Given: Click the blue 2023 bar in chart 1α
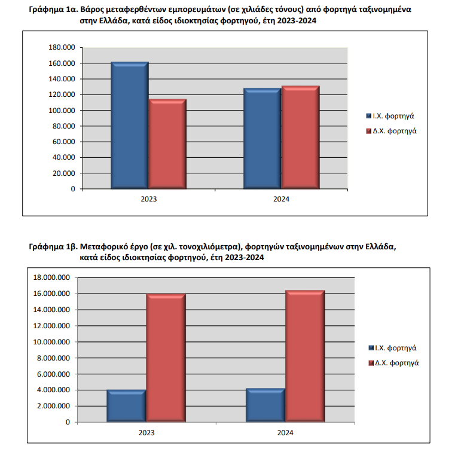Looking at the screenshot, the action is [130, 126].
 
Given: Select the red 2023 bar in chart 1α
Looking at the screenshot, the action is [167, 143].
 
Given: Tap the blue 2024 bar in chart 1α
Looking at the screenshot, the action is [262, 139].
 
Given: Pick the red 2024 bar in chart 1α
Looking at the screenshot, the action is [300, 138].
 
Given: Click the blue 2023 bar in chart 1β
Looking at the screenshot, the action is [127, 406].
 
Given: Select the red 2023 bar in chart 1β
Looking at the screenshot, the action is [166, 358].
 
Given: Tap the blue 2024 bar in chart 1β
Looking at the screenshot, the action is [265, 405].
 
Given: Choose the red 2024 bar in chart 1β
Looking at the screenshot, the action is [305, 356].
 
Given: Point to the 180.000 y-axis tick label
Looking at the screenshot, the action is [62, 47].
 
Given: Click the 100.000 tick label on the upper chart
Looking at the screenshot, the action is [62, 111].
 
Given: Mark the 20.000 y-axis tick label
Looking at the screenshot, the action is [63, 173].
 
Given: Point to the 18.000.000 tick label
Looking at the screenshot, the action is [51, 277].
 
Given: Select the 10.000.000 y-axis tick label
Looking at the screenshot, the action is [51, 342].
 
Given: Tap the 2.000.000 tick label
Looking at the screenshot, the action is [53, 406].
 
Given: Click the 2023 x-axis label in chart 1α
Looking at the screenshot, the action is [149, 199].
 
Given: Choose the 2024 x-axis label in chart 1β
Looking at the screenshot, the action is [285, 433].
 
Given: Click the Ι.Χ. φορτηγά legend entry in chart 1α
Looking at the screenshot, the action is [390, 116].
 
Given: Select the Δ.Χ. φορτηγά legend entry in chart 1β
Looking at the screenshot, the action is [393, 363].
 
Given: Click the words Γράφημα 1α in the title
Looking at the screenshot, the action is [53, 10].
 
